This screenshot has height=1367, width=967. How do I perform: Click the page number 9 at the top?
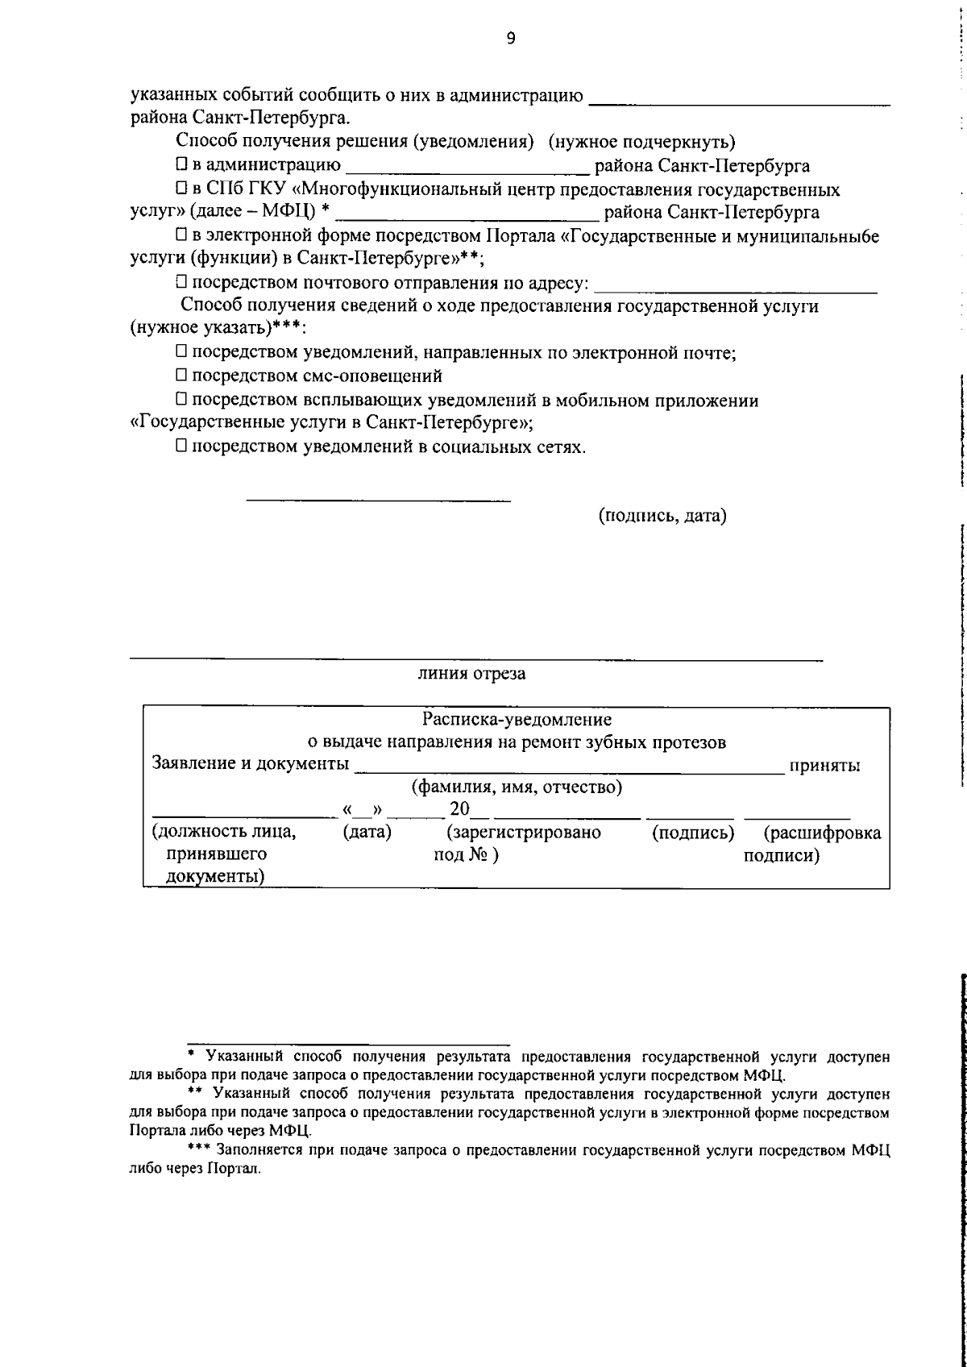(x=511, y=39)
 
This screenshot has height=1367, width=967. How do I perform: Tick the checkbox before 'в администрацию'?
(x=181, y=166)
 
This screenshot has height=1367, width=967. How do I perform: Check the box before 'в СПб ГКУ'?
(x=181, y=189)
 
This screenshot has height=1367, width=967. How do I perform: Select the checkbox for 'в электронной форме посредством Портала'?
(x=181, y=236)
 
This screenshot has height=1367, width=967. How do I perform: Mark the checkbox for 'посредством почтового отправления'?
(x=181, y=283)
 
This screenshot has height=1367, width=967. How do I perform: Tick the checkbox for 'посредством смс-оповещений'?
(x=181, y=376)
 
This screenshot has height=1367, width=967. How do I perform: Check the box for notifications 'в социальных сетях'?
(x=181, y=447)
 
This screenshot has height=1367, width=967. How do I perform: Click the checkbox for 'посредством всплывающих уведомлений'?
(x=181, y=400)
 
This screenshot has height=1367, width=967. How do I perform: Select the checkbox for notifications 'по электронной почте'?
(x=181, y=352)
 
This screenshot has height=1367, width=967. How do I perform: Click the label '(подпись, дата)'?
(x=662, y=516)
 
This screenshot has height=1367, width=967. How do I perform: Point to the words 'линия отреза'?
(x=471, y=674)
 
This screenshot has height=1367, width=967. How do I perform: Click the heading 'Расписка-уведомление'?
(x=517, y=719)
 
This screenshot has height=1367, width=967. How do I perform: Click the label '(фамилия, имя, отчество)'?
(x=517, y=787)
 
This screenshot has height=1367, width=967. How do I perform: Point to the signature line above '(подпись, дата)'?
(x=378, y=501)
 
